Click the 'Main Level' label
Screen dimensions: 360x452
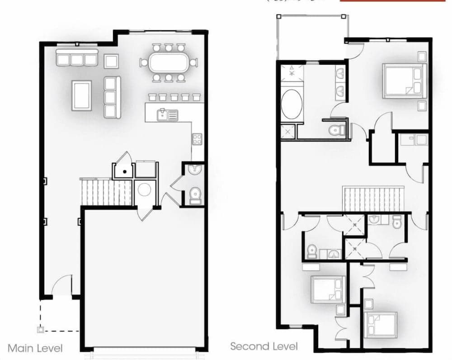click(35, 348)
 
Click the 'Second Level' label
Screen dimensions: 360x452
click(264, 346)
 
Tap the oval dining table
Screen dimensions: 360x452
click(169, 62)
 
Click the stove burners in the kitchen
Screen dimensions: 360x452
click(197, 139)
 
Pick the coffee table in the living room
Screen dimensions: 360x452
click(82, 95)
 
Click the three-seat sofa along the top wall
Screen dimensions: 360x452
click(77, 58)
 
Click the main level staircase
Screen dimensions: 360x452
click(106, 192)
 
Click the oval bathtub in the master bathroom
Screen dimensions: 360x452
click(291, 104)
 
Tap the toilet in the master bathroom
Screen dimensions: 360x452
click(335, 130)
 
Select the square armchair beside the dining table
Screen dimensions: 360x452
click(111, 61)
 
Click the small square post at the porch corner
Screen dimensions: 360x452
click(41, 330)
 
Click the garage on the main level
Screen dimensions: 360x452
click(144, 276)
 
